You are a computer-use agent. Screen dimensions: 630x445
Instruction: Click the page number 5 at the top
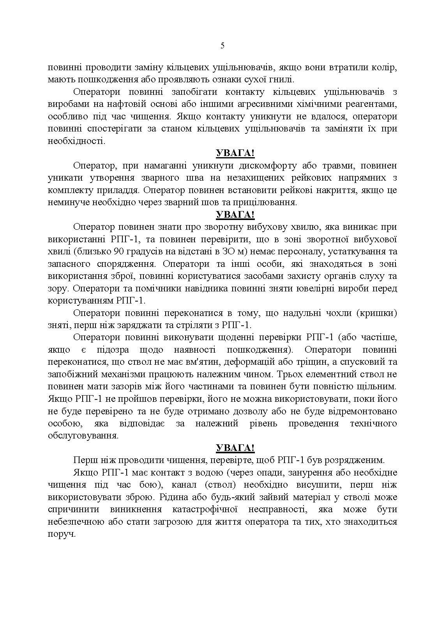coord(222,46)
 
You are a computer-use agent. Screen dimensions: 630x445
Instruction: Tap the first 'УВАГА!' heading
coord(235,153)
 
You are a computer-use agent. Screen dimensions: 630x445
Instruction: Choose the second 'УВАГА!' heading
coord(235,215)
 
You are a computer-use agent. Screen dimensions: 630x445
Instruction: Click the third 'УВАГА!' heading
coord(235,448)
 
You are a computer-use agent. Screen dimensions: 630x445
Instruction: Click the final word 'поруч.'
coord(62,534)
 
